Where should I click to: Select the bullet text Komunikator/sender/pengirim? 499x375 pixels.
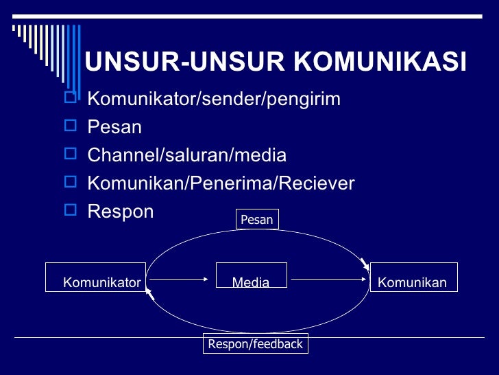(214, 100)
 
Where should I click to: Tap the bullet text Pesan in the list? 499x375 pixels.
(114, 127)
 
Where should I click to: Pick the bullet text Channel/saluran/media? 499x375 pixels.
(186, 155)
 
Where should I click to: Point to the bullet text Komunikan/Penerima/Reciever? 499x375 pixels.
(221, 183)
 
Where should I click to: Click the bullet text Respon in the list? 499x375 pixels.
(121, 211)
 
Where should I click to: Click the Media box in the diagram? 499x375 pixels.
(251, 275)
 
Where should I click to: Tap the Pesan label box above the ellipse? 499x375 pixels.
(257, 219)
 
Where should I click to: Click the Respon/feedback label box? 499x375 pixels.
(256, 343)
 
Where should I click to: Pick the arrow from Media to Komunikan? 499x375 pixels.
(330, 279)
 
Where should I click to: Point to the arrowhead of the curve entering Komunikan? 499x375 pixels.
(365, 264)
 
